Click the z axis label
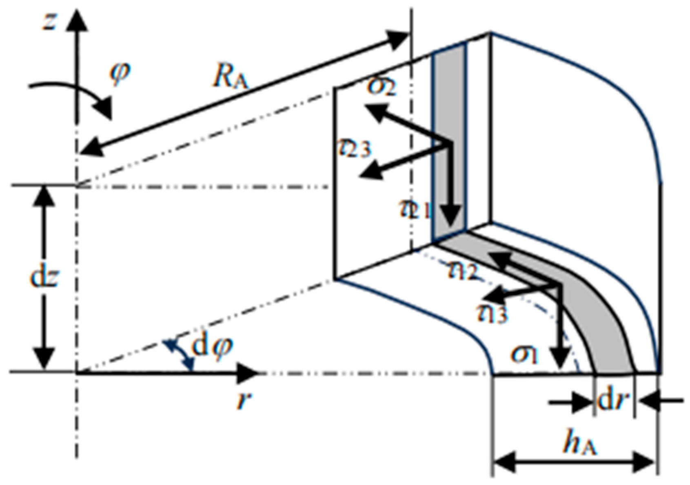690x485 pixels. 49,22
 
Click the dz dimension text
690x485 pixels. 45,278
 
